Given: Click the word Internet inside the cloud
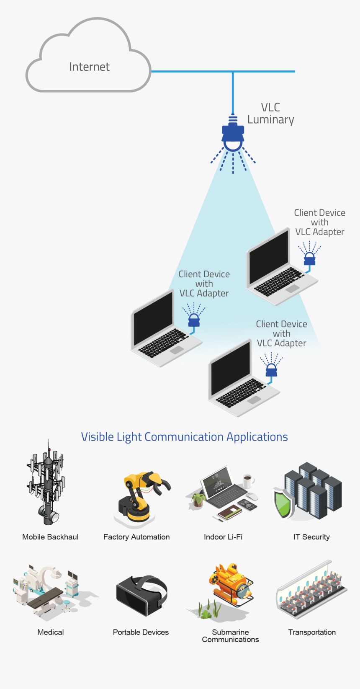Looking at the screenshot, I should [x=89, y=67].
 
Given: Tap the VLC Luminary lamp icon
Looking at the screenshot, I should [x=233, y=135].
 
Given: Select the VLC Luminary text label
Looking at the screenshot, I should [x=270, y=114].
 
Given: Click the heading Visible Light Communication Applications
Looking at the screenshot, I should [x=184, y=437].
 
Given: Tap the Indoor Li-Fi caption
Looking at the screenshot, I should [x=223, y=537].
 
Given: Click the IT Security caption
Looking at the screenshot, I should [x=311, y=537].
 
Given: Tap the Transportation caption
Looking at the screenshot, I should [x=312, y=632].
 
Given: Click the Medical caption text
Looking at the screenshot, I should [x=51, y=632].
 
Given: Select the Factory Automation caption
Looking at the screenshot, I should [x=136, y=537].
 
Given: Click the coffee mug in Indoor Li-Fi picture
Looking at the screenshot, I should [x=247, y=480].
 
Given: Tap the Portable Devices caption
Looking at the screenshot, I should [x=141, y=632].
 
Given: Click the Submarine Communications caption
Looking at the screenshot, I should [x=230, y=636].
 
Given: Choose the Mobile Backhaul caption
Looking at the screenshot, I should [x=50, y=537].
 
